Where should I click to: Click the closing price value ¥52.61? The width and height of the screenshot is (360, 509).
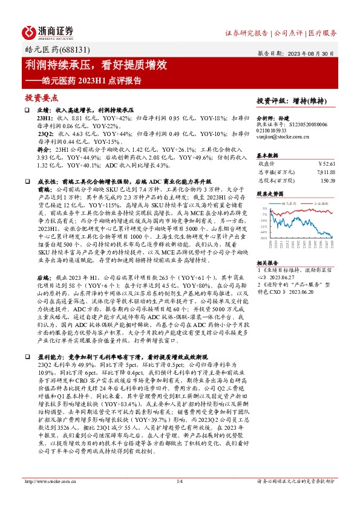pos(326,163)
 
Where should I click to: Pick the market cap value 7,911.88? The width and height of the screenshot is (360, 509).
pos(323,172)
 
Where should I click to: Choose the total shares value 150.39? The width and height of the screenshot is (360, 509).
pos(327,180)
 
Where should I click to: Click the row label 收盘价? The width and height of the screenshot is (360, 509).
pos(267,163)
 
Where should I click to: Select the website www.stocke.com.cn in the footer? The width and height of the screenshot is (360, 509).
pos(51,498)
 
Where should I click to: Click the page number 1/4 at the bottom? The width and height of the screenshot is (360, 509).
pos(179,498)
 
